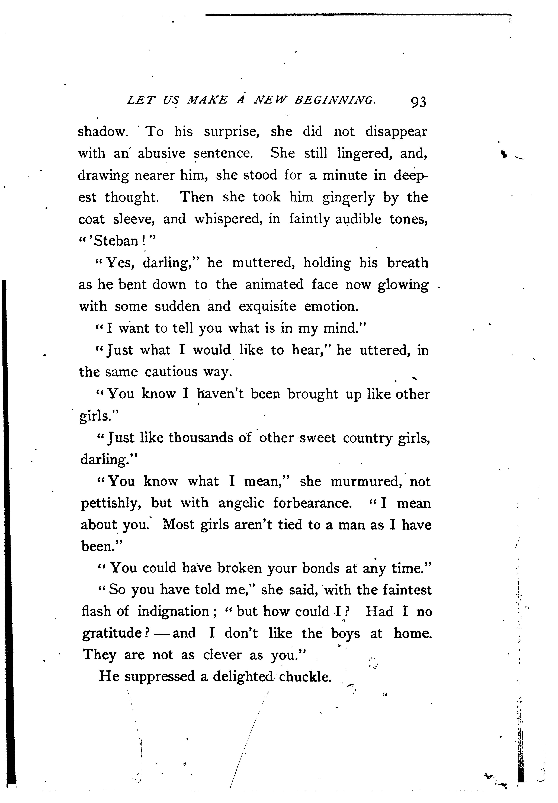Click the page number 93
coord(418,102)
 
